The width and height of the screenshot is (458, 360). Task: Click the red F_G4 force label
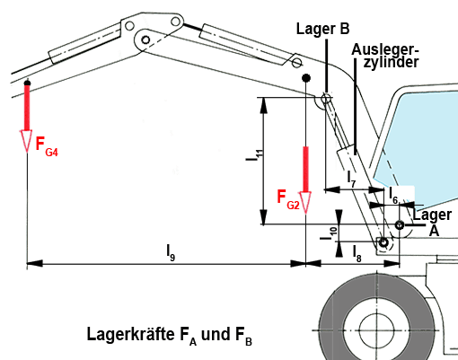point(47,146)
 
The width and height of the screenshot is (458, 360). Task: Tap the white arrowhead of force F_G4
point(27,141)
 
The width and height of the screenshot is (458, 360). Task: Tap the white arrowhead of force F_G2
point(305,203)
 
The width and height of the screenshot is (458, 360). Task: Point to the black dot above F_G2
point(305,78)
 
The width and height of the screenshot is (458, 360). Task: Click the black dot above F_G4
point(27,83)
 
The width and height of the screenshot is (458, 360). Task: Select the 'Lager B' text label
point(322,29)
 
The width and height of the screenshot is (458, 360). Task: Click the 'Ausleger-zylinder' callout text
point(385,57)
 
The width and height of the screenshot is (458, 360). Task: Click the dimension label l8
point(357,253)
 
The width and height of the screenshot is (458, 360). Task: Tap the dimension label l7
point(351,179)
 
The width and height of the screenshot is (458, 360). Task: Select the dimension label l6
point(393,195)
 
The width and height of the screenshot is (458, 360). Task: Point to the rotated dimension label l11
point(255,155)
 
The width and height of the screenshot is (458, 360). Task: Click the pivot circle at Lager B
point(326,98)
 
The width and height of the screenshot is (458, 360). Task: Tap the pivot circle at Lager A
point(400,224)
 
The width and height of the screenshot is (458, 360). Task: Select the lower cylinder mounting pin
point(383,242)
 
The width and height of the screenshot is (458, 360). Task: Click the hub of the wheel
point(376,330)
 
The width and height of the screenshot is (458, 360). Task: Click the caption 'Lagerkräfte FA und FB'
point(170,336)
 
